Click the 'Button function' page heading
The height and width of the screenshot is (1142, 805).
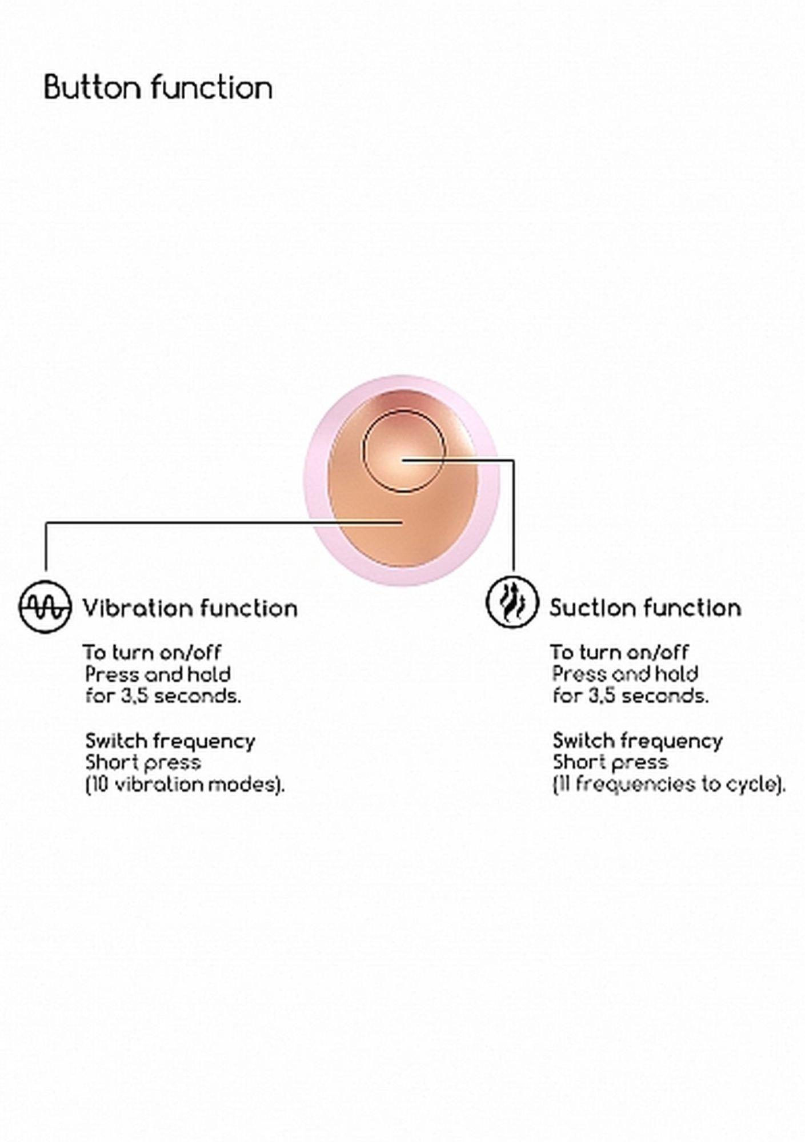(158, 88)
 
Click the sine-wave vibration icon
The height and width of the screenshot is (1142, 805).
(45, 606)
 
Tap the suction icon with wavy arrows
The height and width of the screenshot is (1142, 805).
(512, 602)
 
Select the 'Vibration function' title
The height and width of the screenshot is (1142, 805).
(190, 608)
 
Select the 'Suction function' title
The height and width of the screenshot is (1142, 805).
(645, 608)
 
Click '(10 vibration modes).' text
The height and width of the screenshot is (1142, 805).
(185, 785)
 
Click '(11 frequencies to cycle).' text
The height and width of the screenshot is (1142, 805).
(668, 784)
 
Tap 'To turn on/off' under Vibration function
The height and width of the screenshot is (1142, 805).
(152, 652)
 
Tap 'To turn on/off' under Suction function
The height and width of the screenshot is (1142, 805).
(619, 652)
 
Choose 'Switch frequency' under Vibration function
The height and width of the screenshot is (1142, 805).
(170, 741)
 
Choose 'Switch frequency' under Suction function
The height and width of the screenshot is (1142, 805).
(638, 741)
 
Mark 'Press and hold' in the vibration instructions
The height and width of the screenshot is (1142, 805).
(158, 674)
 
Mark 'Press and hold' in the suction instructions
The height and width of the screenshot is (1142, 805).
(625, 674)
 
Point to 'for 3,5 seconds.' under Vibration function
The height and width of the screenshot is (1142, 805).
(163, 696)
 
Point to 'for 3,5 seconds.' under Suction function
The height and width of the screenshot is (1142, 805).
(630, 695)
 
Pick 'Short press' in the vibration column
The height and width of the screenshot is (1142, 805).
(143, 762)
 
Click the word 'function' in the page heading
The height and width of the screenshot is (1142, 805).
(212, 88)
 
